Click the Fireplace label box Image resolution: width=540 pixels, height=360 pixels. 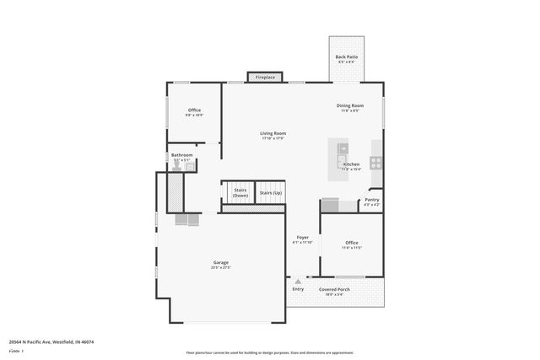click(265, 78)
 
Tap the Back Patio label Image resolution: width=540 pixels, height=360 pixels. click(347, 57)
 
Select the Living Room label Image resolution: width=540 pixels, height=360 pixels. click(273, 133)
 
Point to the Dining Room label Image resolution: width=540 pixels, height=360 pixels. click(350, 106)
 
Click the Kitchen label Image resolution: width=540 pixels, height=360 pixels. click(352, 164)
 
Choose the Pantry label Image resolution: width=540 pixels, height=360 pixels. click(371, 200)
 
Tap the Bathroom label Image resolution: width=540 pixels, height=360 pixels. click(182, 155)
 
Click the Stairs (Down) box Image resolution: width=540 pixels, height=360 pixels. click(240, 194)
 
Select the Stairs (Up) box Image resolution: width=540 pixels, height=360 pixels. click(271, 193)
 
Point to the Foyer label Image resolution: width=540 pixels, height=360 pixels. click(302, 238)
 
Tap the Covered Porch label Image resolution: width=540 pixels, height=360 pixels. click(334, 289)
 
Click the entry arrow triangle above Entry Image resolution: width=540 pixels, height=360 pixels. click(297, 281)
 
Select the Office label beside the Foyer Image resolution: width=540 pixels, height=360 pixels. click(352, 243)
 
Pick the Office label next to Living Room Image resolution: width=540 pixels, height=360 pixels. click(194, 110)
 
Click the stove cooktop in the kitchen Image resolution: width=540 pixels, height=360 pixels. click(375, 163)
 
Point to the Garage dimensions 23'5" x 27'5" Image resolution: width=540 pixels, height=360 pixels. click(220, 268)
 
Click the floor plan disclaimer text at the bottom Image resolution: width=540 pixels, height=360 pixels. click(269, 352)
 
